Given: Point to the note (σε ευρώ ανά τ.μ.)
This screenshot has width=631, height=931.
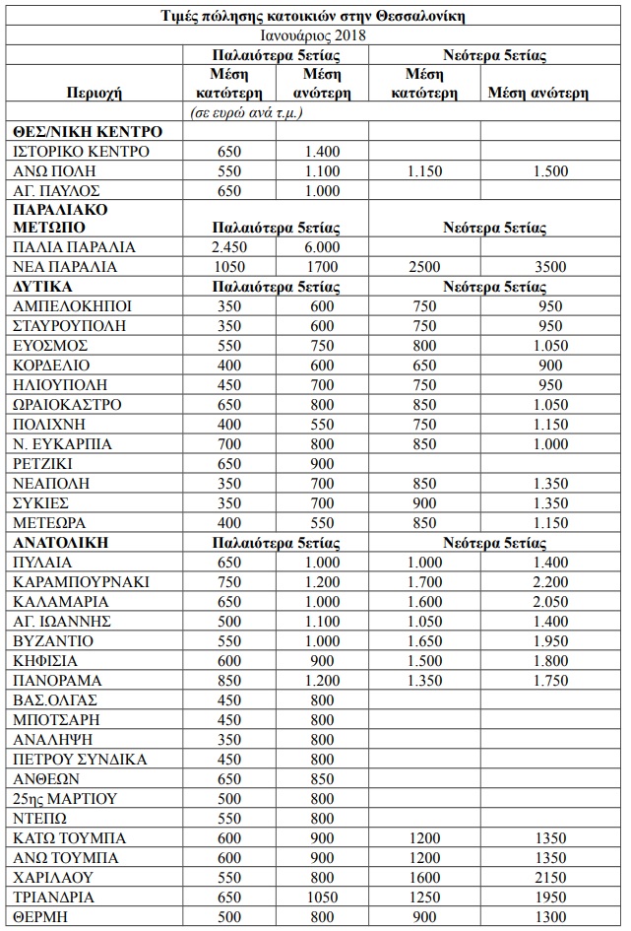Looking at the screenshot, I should point(245,112).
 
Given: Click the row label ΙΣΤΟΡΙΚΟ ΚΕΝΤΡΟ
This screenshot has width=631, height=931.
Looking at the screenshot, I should point(82,151).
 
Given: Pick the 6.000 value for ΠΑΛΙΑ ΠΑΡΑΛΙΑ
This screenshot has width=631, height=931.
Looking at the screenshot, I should point(322,247).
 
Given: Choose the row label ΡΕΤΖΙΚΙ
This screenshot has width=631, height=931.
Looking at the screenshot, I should point(46,463).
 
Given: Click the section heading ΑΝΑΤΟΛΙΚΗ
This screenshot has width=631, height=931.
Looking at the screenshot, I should point(61,542).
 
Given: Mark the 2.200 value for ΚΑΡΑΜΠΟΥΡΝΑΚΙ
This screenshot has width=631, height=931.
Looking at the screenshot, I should point(551,581).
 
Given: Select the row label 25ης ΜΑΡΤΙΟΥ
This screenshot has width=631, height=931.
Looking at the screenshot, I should point(65,798).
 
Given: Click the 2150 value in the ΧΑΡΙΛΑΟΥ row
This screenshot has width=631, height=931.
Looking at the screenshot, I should point(551,877).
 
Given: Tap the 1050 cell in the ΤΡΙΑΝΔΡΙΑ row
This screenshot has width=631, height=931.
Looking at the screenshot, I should point(322,897).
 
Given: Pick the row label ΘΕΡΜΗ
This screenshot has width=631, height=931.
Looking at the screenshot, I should point(40,916).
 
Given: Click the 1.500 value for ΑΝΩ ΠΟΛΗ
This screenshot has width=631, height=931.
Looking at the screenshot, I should point(551,170).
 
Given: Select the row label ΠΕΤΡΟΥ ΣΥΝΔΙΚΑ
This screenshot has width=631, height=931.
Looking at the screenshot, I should point(80,759).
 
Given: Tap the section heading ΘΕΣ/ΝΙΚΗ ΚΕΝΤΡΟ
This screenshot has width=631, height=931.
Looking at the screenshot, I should point(89,131).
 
